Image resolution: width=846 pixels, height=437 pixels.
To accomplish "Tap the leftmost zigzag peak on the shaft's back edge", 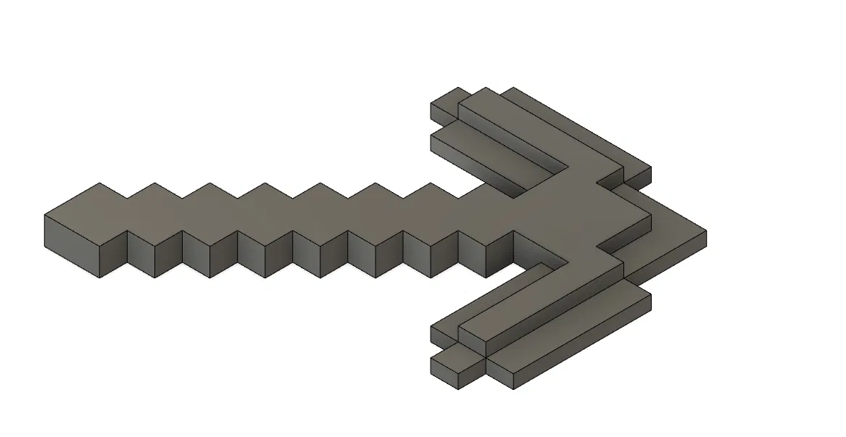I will click(100, 184).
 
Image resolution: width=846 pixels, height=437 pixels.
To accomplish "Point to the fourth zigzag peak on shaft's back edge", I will click(264, 184).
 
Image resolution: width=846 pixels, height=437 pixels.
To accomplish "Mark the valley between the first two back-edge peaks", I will click(128, 196).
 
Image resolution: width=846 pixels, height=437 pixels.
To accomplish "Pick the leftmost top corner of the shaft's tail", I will click(46, 215).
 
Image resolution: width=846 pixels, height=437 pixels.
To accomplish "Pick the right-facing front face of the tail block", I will click(112, 254).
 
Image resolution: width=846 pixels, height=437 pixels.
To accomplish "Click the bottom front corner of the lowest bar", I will click(513, 388).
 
